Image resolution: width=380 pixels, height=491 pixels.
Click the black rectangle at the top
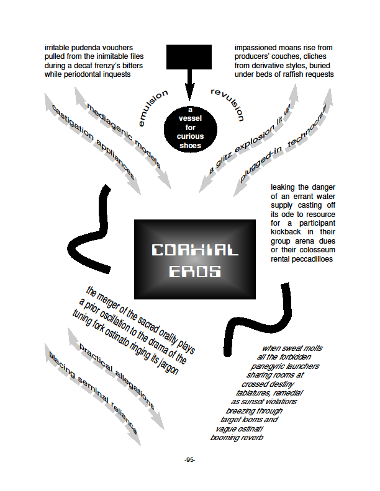pyautogui.click(x=189, y=56)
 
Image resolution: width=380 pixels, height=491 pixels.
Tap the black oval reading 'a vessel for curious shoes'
pyautogui.click(x=191, y=129)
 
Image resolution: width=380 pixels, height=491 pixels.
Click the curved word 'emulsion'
pyautogui.click(x=153, y=107)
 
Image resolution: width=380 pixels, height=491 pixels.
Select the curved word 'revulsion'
pyautogui.click(x=228, y=104)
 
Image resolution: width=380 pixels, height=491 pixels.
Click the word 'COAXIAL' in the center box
pyautogui.click(x=195, y=250)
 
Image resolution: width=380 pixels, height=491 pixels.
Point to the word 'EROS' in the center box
pyautogui.click(x=195, y=271)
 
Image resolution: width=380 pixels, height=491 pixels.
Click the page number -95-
pyautogui.click(x=189, y=459)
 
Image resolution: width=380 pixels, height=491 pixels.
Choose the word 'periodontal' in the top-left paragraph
pyautogui.click(x=83, y=74)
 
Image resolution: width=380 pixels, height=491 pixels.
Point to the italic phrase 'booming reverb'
pyautogui.click(x=237, y=438)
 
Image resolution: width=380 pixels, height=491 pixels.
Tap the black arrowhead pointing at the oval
pyautogui.click(x=189, y=91)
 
